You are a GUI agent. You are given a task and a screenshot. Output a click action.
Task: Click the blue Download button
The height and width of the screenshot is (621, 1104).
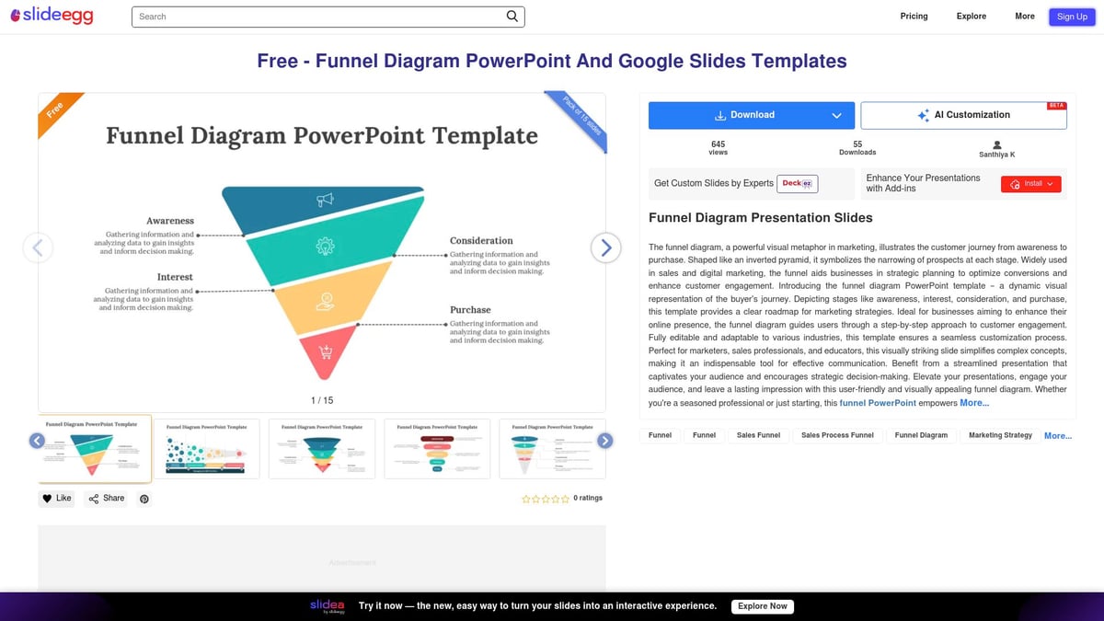tap(751, 115)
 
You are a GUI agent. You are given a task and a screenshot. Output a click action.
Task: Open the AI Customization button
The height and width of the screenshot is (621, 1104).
tap(963, 115)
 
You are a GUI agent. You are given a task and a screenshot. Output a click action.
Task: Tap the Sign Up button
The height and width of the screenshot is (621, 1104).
tap(1072, 17)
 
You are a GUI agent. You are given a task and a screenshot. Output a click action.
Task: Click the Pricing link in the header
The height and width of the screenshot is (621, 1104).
tap(914, 17)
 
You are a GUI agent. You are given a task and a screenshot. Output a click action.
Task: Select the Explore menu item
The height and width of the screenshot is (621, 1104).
tap(971, 17)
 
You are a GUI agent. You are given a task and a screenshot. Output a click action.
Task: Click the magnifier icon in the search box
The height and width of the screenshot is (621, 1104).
tap(512, 17)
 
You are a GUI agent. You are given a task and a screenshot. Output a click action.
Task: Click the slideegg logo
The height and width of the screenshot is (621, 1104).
tap(52, 17)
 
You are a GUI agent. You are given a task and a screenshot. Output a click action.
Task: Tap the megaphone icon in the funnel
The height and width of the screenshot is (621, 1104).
tap(325, 200)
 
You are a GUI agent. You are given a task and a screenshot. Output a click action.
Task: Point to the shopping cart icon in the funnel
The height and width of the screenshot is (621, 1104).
tap(325, 351)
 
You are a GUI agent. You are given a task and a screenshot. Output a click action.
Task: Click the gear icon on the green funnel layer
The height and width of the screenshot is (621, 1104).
tap(324, 245)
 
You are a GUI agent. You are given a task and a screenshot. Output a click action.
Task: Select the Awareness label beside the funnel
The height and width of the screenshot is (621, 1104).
tap(170, 221)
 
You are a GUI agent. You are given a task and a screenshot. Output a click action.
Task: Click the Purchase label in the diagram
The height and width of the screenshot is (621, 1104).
tap(470, 310)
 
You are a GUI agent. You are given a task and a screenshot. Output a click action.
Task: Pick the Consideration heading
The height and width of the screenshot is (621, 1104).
tap(481, 241)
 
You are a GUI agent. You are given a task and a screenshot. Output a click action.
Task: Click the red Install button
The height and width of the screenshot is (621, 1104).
tap(1030, 184)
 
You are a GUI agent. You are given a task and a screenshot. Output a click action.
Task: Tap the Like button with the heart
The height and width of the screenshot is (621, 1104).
tap(56, 499)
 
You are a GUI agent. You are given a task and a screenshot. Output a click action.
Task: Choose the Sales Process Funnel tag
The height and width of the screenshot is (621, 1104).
tap(837, 435)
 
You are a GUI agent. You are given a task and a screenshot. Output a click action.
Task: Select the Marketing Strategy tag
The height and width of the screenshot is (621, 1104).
tap(1000, 435)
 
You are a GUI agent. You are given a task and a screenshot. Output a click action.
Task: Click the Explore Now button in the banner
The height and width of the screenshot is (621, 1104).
tap(763, 606)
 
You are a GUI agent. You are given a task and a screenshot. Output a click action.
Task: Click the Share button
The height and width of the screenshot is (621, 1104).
tap(106, 499)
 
